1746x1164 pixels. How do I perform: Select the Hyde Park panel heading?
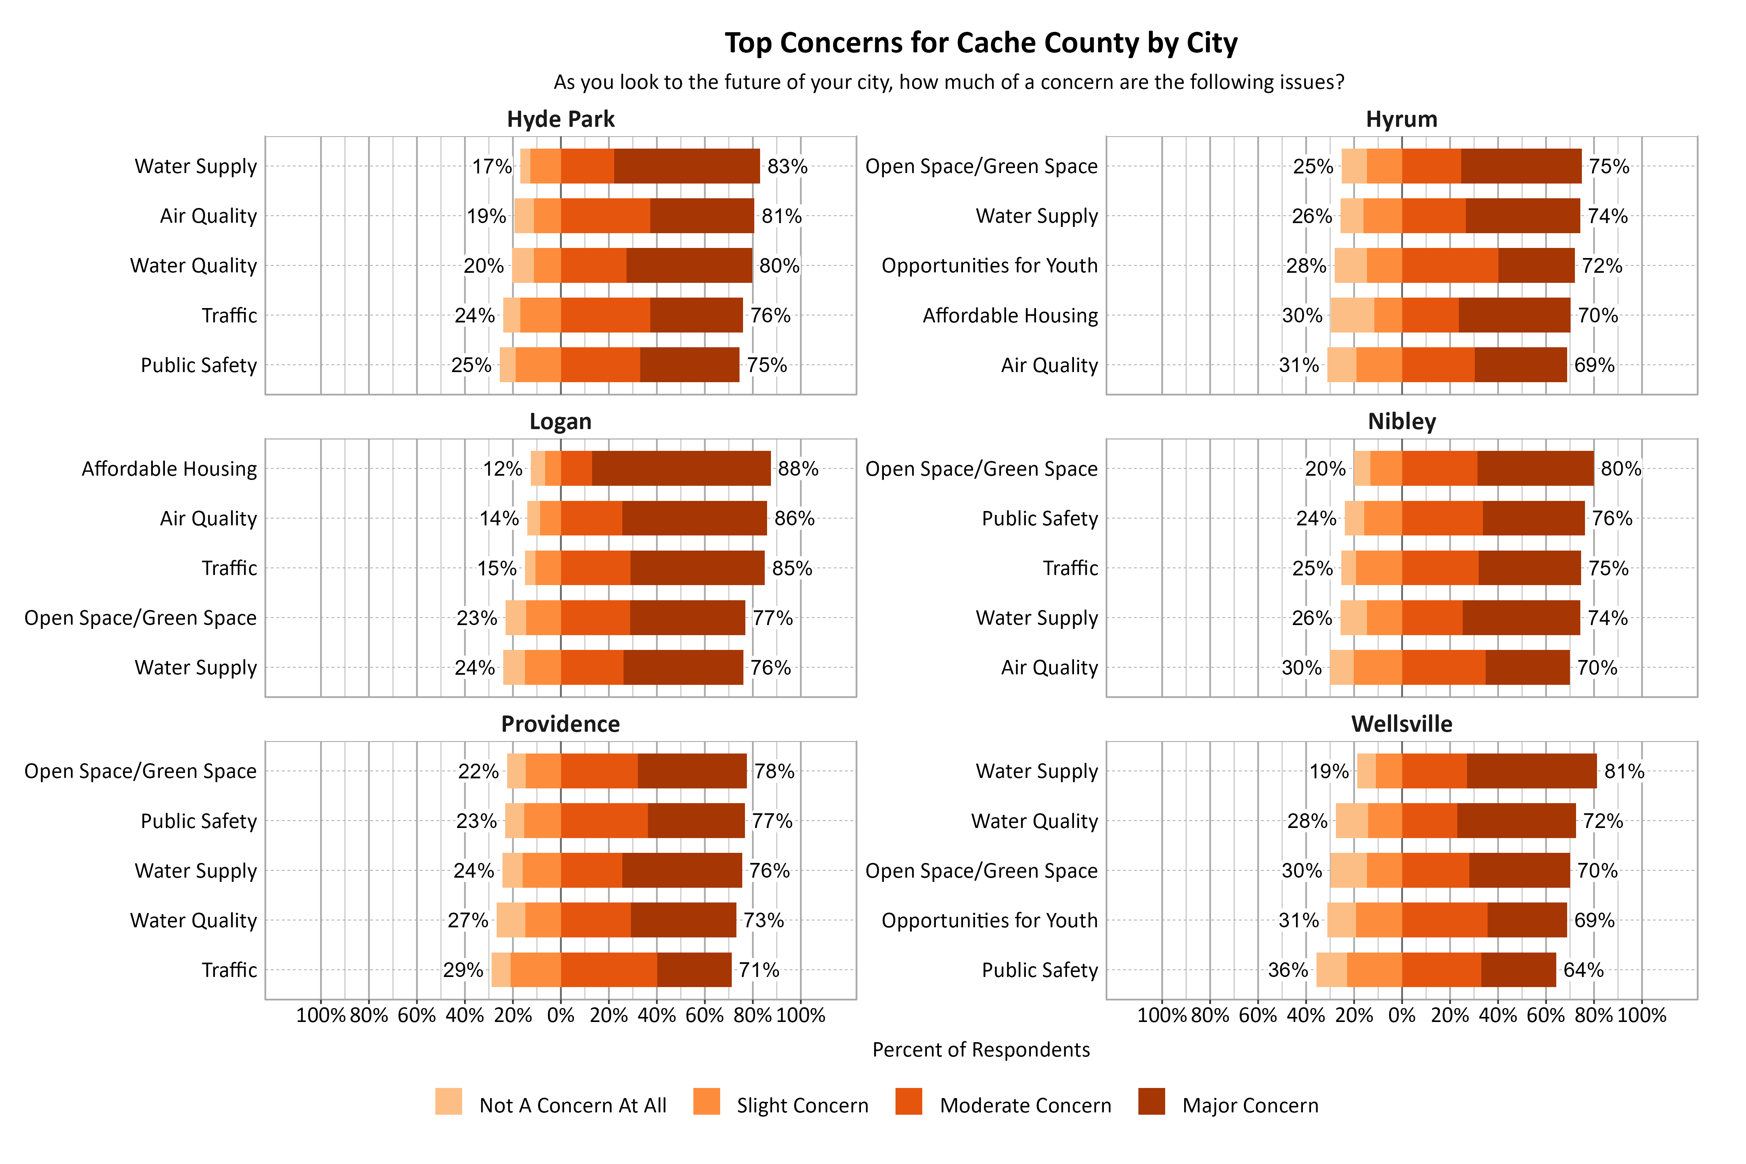coord(561,120)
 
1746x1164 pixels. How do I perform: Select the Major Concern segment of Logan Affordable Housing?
coord(681,468)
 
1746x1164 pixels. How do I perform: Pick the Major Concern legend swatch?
coord(1151,1102)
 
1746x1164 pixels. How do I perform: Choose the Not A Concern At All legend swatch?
coord(449,1102)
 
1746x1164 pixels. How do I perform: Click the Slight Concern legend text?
coord(802,1105)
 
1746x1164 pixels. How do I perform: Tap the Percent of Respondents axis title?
coord(980,1050)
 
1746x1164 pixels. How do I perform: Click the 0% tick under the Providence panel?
coord(561,1015)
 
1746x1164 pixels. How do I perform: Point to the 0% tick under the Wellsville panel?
coord(1401,1015)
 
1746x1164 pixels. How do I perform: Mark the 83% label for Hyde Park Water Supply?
coord(787,166)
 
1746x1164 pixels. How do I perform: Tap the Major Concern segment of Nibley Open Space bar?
coord(1535,468)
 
